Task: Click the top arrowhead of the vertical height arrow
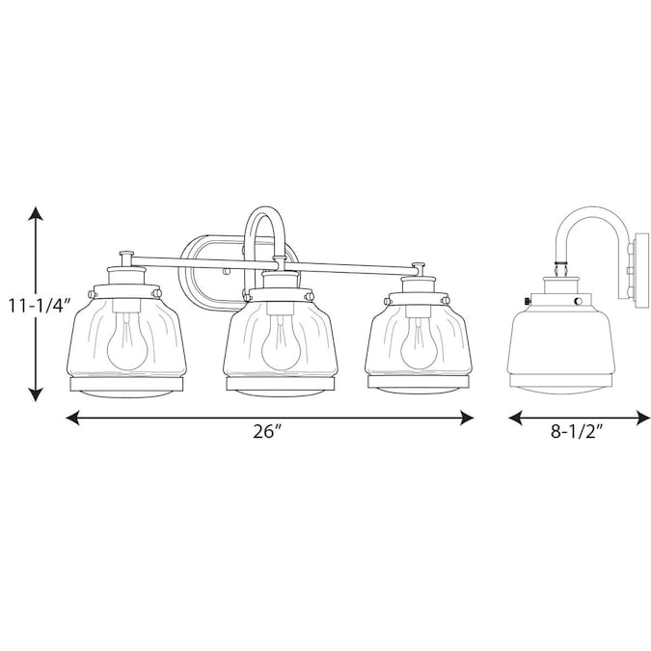[37, 213]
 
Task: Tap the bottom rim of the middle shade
[272, 386]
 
